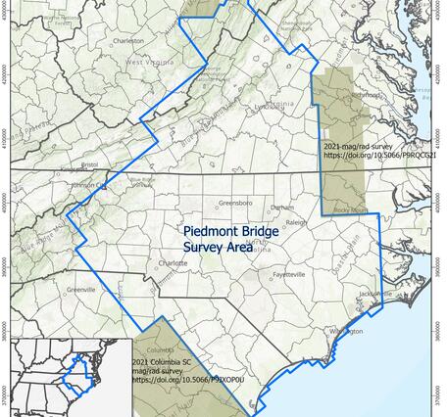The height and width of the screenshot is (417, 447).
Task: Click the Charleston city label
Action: point(129,42)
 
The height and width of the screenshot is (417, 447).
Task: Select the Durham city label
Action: point(282,208)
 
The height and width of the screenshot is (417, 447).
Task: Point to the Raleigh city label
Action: point(297,222)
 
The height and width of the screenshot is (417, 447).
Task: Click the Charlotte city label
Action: point(173,263)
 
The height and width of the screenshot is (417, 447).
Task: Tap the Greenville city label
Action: point(79,291)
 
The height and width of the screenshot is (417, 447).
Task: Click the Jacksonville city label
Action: point(375,293)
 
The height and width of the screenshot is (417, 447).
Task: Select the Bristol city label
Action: point(90,164)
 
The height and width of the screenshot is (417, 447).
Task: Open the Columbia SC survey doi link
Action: point(173,380)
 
